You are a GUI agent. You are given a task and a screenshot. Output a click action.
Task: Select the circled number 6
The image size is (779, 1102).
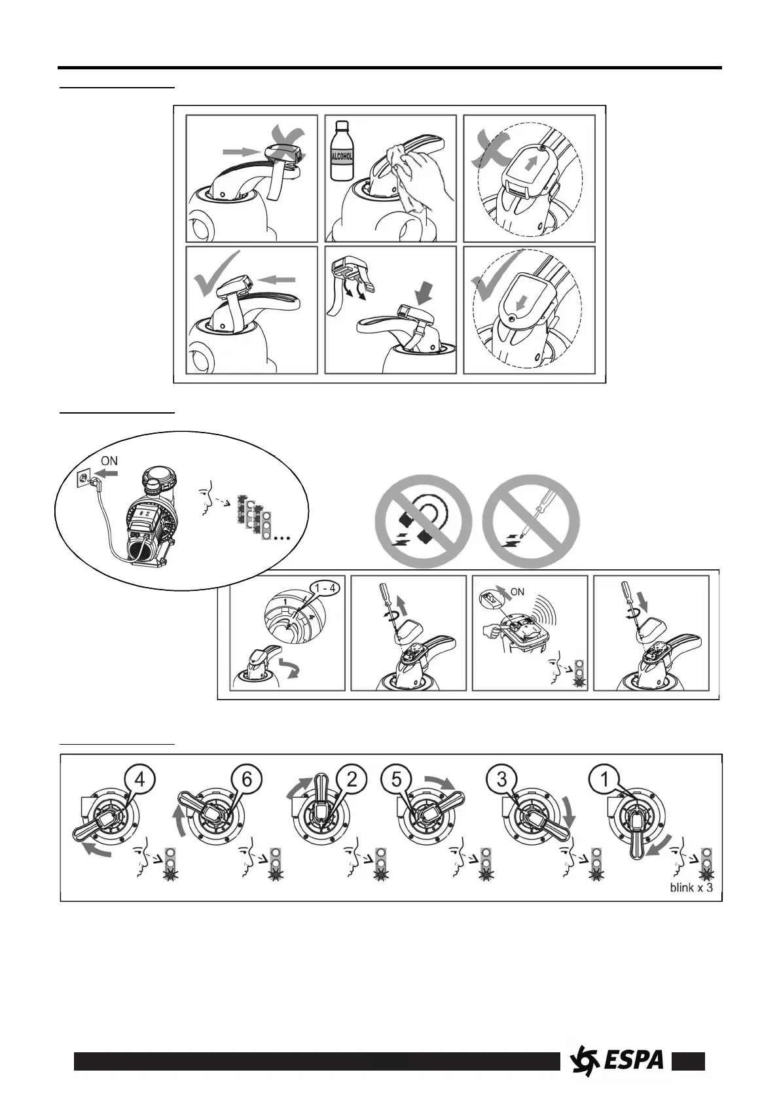tap(245, 780)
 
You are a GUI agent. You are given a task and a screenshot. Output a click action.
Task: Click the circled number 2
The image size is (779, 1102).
tap(353, 780)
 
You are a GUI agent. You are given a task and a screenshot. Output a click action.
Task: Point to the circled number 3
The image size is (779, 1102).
tap(501, 780)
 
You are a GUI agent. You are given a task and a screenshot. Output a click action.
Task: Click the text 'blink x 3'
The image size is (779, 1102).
tap(691, 889)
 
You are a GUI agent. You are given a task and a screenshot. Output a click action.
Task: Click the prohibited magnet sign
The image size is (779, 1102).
tap(424, 522)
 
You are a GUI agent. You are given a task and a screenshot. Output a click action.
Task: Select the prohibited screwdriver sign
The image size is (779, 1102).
tap(531, 522)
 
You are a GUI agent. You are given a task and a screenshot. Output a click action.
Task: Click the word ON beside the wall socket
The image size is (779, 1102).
tap(109, 461)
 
